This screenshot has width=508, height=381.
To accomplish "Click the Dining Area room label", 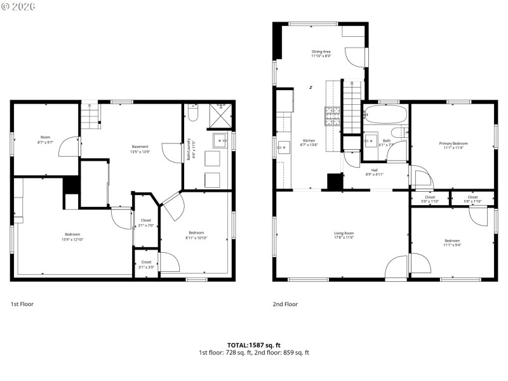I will coord(321,53).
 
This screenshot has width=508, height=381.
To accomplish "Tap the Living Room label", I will coord(344,235).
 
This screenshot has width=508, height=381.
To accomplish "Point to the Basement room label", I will coord(140,149).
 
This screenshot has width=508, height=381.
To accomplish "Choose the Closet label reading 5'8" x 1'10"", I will coord(472,199).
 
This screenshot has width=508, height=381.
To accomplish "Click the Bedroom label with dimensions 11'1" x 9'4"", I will coord(452,243).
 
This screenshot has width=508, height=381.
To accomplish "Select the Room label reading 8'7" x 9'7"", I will coord(45,139).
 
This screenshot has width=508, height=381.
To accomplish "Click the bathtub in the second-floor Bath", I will coord(385,116).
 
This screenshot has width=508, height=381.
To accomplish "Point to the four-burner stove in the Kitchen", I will coord(333,116).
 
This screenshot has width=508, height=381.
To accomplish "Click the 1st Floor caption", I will coord(22,304).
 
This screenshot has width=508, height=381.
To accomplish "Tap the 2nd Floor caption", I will coord(285,304).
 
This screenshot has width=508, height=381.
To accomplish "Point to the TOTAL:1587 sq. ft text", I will coord(253,345).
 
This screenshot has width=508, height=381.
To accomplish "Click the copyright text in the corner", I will coord(18,6).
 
